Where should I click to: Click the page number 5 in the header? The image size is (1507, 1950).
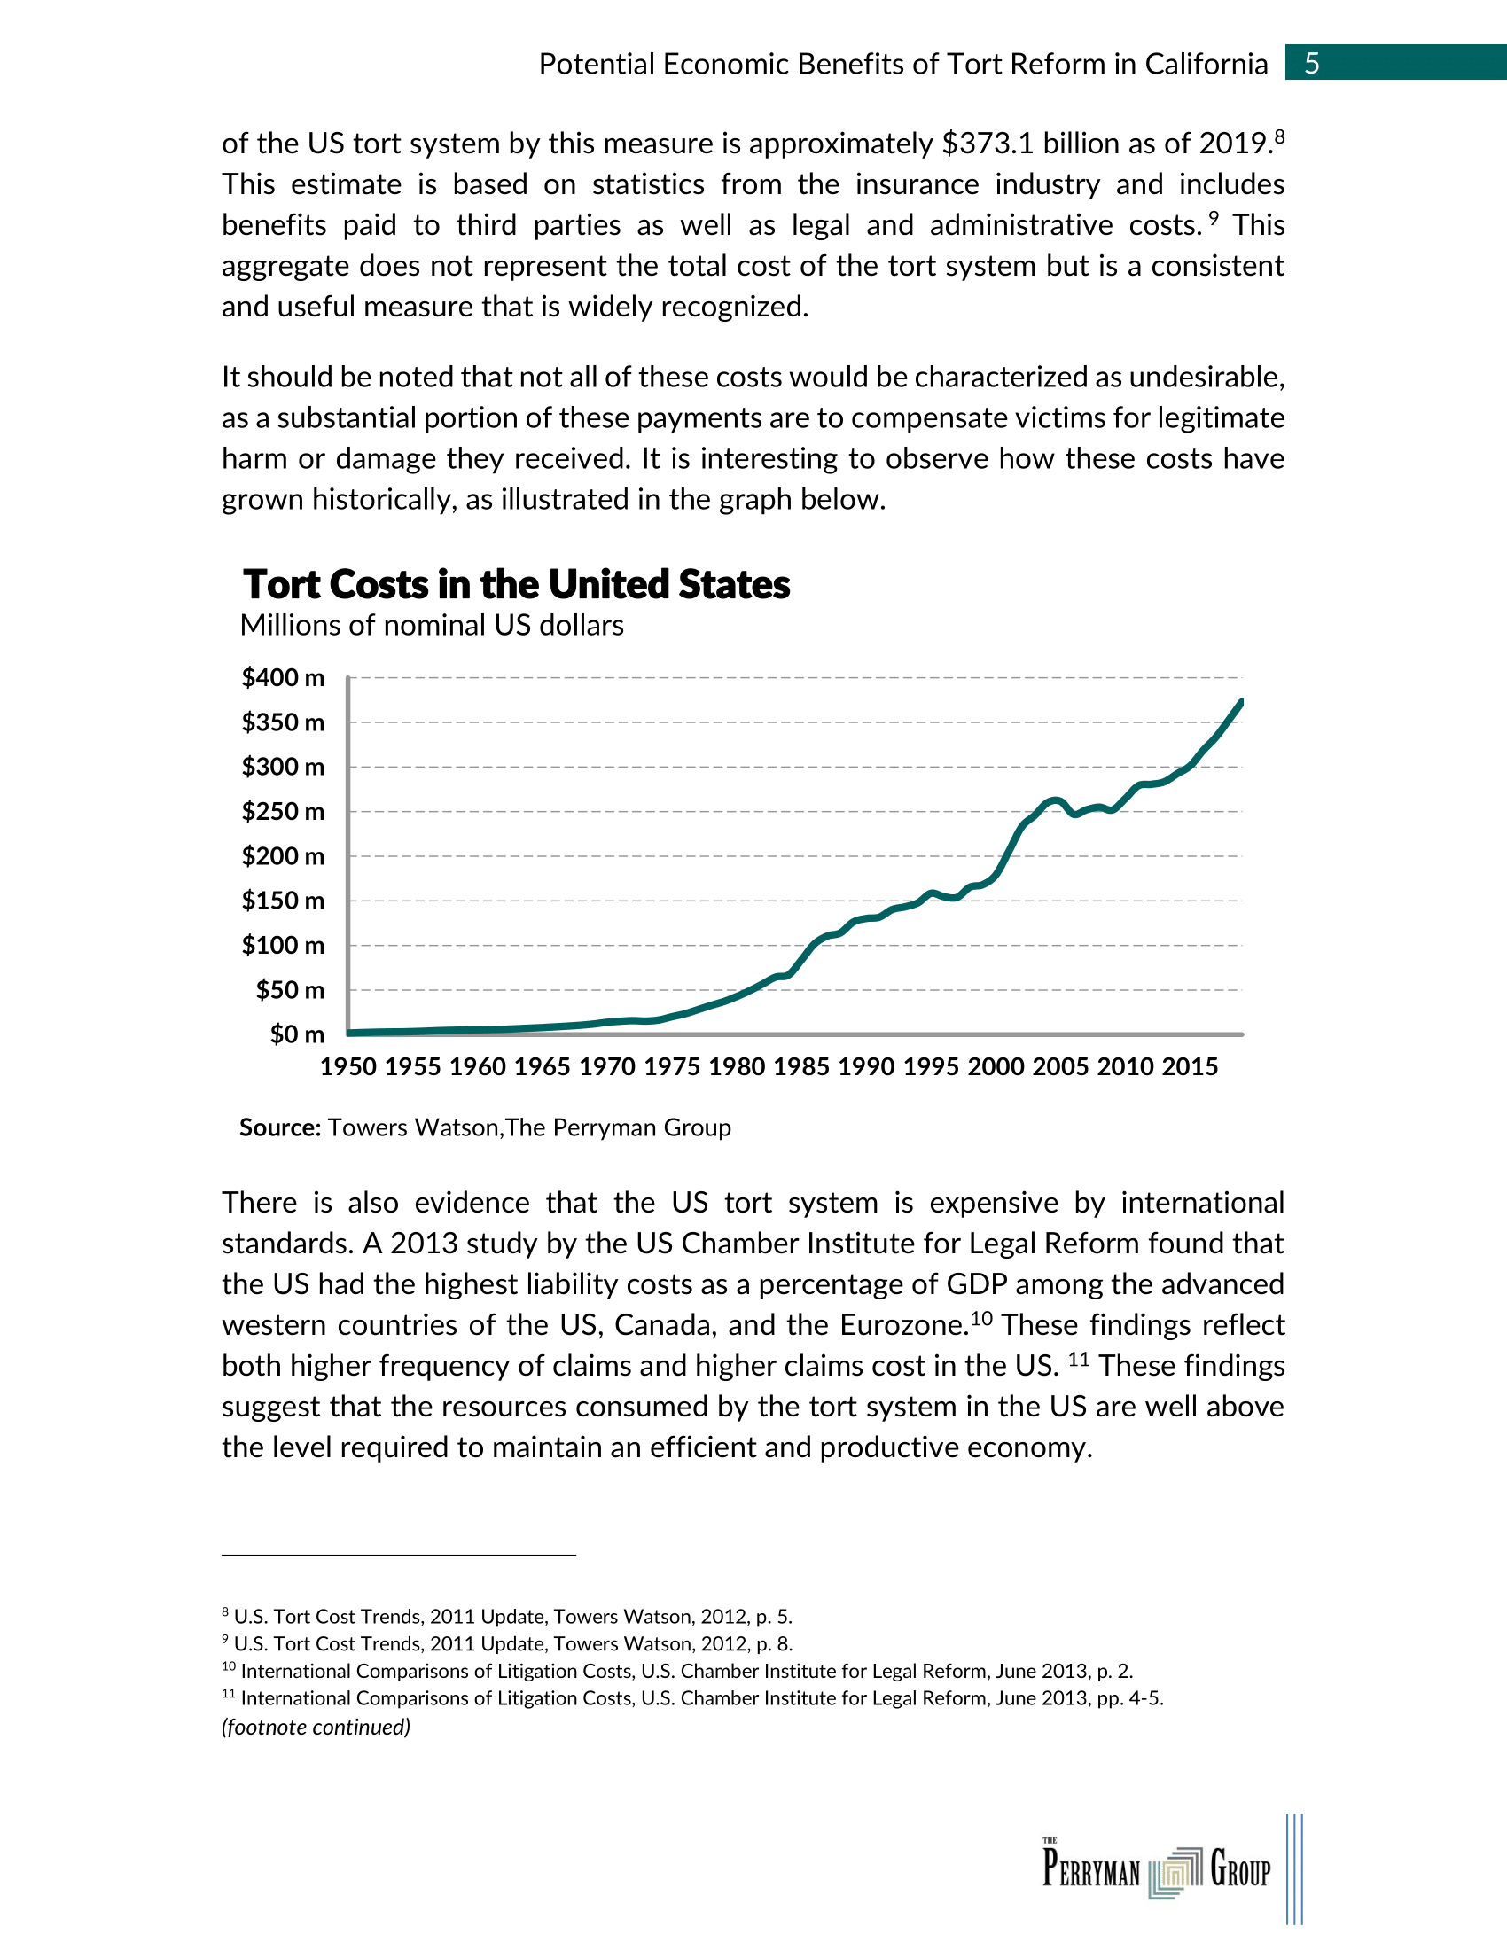pos(1311,64)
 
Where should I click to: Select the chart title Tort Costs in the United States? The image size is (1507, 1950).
pos(516,585)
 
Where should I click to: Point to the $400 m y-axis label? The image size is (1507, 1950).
pos(283,678)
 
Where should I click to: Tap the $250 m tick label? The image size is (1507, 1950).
pos(283,812)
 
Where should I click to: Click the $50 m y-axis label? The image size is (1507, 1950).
pos(290,990)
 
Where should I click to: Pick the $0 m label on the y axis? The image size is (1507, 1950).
pos(297,1034)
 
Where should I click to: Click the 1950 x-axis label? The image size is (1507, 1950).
pos(348,1067)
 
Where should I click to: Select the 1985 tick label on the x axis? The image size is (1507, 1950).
pos(800,1067)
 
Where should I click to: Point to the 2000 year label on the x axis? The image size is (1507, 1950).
pos(996,1067)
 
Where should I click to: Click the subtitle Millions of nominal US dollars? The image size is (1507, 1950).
pos(431,626)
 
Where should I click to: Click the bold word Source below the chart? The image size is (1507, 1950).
pos(279,1127)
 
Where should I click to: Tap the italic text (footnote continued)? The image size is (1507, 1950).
pos(316,1727)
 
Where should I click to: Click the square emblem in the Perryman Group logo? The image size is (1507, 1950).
pos(1175,1870)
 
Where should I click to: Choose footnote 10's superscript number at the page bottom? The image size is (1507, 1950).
pos(229,1667)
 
